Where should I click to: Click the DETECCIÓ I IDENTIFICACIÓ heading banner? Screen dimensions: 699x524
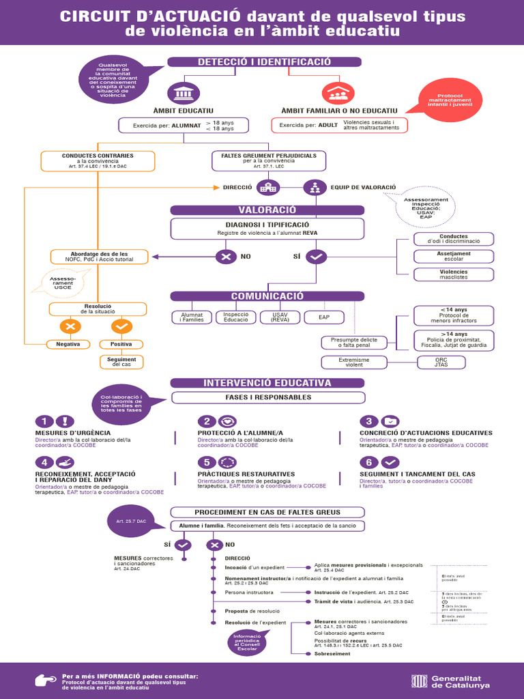point(264,62)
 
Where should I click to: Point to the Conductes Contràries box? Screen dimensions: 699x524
point(98,160)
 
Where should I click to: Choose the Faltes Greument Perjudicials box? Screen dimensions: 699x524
point(269,160)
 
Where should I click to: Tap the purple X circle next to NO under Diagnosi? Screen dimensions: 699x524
point(225,257)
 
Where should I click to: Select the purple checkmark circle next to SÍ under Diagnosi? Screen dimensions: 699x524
point(317,257)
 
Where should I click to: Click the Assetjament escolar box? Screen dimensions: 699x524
point(453,257)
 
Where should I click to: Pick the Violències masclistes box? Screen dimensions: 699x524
point(453,274)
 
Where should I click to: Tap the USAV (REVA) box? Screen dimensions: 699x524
point(276,317)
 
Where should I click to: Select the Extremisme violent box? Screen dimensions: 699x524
point(354,362)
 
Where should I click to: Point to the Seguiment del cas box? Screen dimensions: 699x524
point(121,362)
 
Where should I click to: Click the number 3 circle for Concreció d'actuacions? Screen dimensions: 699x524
point(368,421)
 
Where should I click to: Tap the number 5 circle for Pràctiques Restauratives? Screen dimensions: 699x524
point(206,462)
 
